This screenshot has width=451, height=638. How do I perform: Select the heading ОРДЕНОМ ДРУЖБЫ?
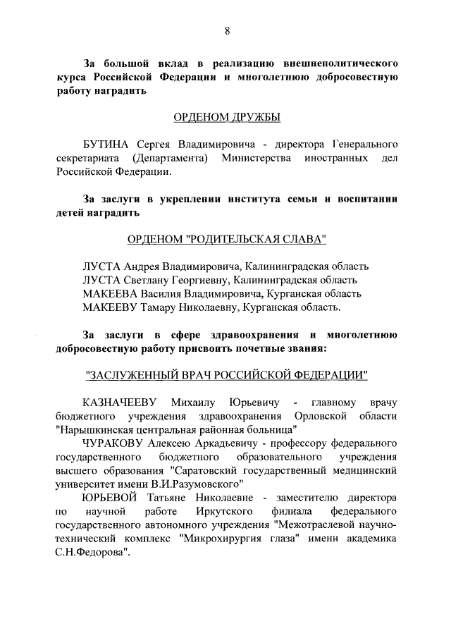point(225,116)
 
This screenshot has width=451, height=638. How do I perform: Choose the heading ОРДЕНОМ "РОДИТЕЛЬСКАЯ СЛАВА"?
point(225,240)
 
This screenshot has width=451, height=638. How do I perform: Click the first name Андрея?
point(142,267)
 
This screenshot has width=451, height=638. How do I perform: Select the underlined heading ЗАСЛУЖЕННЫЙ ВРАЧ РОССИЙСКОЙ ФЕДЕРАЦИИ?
point(225,374)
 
